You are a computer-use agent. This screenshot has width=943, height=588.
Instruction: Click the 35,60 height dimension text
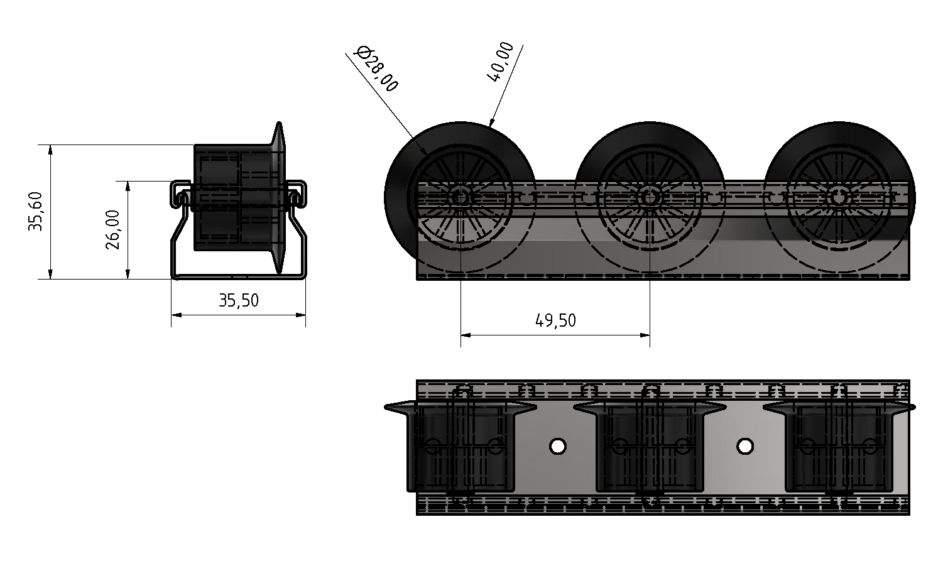pos(35,212)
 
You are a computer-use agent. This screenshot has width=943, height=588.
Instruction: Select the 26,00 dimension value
pos(113,230)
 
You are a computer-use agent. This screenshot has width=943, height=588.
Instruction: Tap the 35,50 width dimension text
pos(239,300)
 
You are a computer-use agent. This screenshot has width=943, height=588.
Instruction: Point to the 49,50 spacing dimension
pos(555,320)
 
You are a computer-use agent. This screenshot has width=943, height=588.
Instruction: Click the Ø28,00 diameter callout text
pos(376,68)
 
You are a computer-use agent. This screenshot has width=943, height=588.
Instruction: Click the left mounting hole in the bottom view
pos(557,447)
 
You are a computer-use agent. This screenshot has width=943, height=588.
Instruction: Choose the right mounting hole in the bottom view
pos(745,447)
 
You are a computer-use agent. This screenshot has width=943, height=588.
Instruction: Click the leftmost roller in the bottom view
pos(461,447)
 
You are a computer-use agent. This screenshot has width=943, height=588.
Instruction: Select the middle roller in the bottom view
pos(649,447)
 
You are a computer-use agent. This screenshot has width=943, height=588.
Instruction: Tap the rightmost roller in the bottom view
pos(838,447)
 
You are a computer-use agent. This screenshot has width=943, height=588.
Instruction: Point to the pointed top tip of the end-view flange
pos(278,124)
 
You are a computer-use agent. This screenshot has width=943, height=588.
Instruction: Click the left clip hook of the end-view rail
pos(179,197)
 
